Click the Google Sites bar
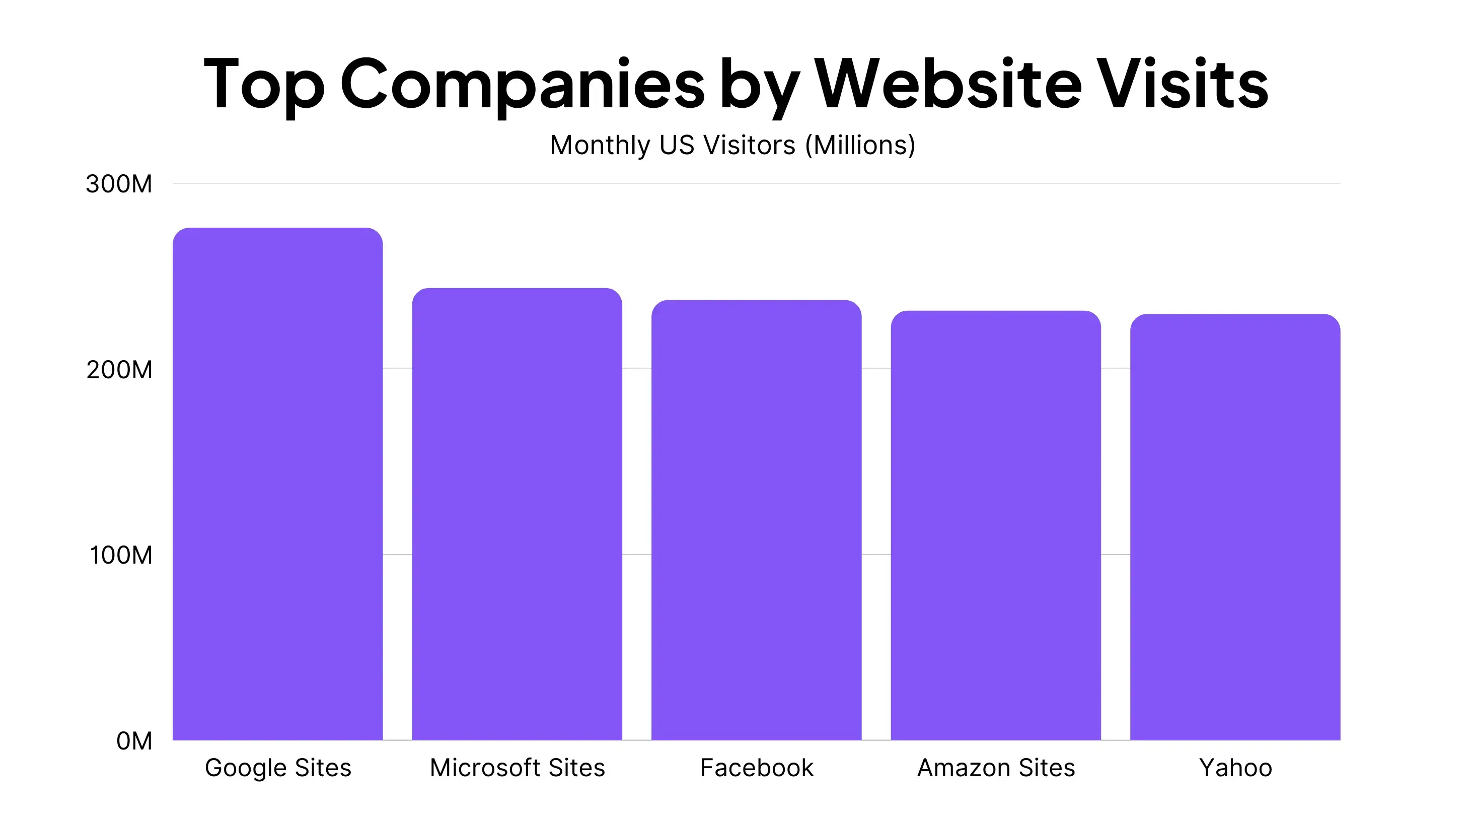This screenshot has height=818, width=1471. click(x=277, y=484)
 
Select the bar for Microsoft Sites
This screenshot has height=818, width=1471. click(x=517, y=514)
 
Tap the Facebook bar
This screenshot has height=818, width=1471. click(x=756, y=520)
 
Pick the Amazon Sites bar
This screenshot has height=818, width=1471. click(x=995, y=525)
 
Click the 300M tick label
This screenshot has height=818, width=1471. click(x=119, y=184)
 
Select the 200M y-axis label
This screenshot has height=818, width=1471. click(x=119, y=370)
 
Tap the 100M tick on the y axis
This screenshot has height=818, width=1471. click(x=121, y=555)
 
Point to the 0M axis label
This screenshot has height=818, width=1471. click(x=134, y=741)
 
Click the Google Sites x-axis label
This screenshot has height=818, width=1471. click(x=278, y=768)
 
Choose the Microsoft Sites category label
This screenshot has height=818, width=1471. click(x=518, y=768)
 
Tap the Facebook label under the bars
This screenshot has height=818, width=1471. click(x=757, y=768)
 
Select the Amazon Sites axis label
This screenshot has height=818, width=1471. click(x=996, y=768)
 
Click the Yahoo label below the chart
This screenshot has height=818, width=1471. click(x=1236, y=768)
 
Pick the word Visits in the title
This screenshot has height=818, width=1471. click(x=1182, y=83)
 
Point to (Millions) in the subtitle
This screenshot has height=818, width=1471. click(x=860, y=145)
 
